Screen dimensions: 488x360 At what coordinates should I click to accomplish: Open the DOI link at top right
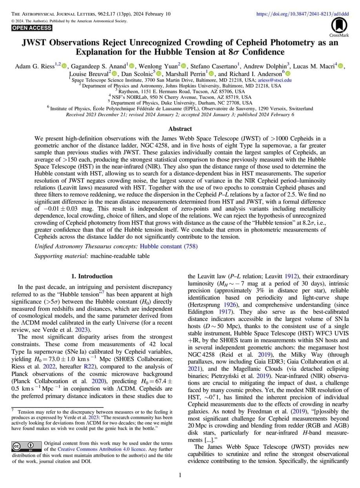303,14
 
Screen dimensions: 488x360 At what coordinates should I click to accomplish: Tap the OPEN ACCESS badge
32,28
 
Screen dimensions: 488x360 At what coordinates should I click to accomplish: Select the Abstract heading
180,129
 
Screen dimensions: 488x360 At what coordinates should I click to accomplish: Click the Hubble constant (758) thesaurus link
168,247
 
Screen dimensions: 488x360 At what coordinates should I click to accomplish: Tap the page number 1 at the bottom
180,475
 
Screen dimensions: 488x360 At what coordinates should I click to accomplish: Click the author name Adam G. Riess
34,67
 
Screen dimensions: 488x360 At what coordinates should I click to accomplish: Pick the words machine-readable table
120,256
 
